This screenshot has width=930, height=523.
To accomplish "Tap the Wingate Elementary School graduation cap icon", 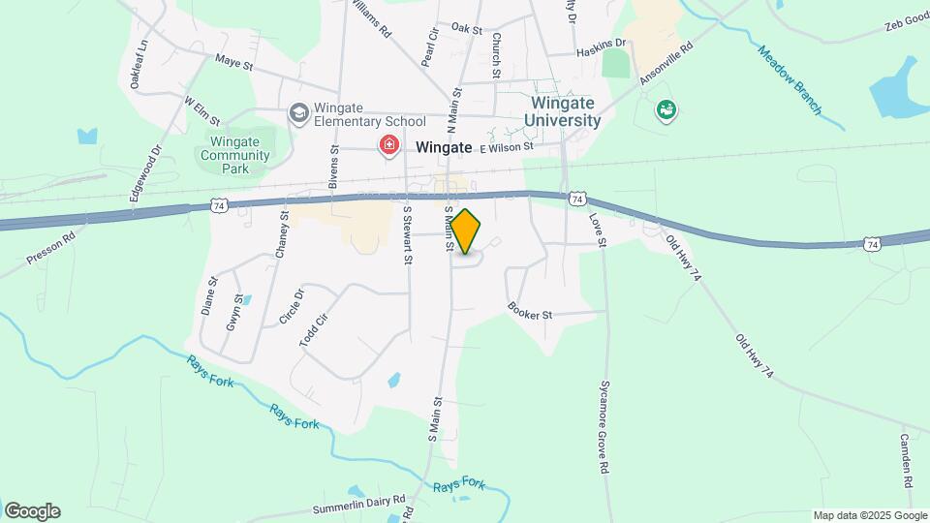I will [299, 114].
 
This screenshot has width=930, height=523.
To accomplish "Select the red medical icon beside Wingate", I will [389, 146].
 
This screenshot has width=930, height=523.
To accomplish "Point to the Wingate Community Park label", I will [228, 155].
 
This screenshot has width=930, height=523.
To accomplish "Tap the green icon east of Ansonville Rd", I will [666, 111].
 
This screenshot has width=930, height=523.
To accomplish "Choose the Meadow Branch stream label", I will [789, 80].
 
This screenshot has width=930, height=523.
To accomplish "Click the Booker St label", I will [529, 312].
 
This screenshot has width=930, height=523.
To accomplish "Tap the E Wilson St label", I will [506, 147].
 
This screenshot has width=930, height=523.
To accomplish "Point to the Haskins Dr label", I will [601, 45].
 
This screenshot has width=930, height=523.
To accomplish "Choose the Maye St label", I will [233, 64].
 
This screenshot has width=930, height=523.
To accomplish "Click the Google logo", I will [32, 510].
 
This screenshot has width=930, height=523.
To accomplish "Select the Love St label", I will [597, 231].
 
